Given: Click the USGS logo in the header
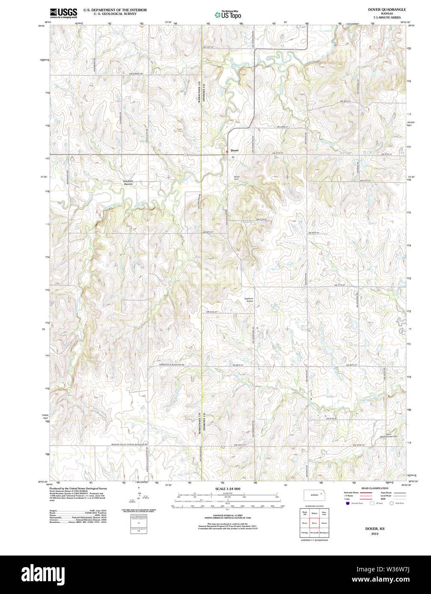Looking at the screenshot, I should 63,12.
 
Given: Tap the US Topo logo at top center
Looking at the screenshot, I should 228,15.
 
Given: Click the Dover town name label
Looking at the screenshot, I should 234,151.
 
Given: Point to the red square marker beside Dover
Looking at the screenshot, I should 227,151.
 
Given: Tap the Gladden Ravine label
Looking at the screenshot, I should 128,182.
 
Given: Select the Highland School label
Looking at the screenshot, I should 249,300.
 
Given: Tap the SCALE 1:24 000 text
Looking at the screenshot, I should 228,488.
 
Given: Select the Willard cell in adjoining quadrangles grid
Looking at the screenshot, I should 314,513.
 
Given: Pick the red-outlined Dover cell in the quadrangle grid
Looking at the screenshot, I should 314,523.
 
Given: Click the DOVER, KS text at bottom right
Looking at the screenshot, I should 375,529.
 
